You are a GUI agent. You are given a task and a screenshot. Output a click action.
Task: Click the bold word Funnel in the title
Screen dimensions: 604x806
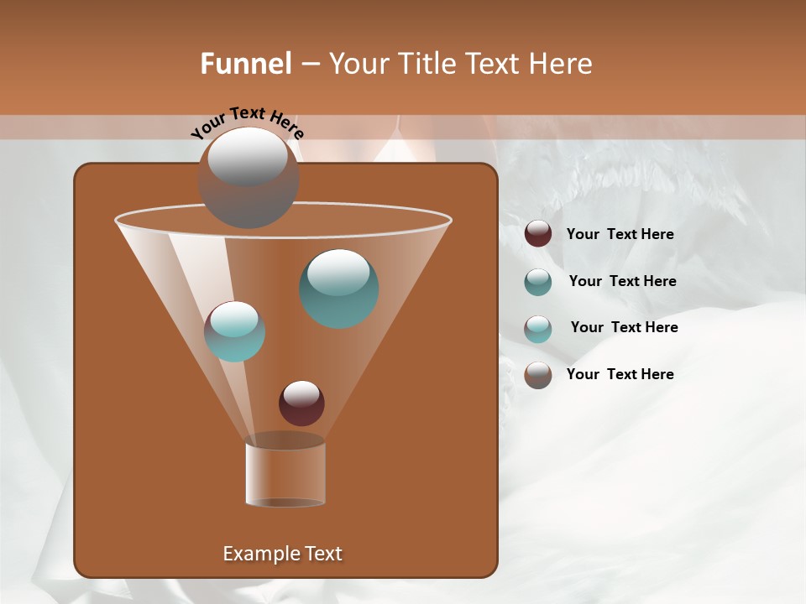point(245,64)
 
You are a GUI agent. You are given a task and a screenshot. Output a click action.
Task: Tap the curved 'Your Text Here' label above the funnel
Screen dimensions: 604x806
point(248,122)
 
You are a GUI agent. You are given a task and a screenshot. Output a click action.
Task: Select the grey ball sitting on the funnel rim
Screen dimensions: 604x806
point(249,178)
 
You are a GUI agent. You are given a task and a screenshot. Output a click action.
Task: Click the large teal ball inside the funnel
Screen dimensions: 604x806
point(338,289)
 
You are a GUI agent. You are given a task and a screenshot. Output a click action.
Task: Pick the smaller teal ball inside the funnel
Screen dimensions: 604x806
point(234,331)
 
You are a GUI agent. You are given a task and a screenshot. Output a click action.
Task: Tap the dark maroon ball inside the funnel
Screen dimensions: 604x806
point(301,403)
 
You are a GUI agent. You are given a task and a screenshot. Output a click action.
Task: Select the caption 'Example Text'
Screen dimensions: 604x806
point(283,554)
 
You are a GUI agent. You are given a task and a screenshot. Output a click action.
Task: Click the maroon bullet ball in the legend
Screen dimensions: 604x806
point(538,234)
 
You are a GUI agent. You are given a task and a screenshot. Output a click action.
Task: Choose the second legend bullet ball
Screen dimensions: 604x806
point(538,282)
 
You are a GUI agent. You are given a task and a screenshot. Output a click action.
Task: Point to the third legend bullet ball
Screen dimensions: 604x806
point(538,328)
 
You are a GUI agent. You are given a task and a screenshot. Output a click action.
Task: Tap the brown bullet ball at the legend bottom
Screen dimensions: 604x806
point(538,375)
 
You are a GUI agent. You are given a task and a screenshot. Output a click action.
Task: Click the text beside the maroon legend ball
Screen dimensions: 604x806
point(620,234)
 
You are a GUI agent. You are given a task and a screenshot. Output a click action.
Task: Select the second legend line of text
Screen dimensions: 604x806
point(622,281)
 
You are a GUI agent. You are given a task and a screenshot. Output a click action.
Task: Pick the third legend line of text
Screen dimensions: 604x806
point(624,327)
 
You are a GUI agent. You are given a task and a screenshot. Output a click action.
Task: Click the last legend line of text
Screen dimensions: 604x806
point(620,374)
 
